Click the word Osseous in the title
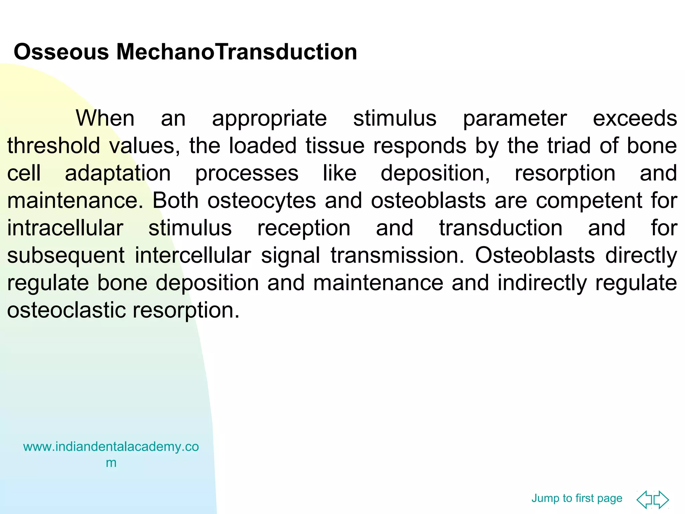coord(61,52)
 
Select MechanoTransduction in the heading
coord(236,52)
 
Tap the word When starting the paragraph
coord(105,118)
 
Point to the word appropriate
coord(269,119)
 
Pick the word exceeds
coord(634,118)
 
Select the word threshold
coord(54,146)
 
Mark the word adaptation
coord(118,174)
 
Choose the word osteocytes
coord(262,201)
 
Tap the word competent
coord(589,201)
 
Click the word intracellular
coord(65,228)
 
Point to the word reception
coord(303,229)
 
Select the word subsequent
coord(66,256)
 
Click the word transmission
coord(397,255)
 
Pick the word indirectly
coord(542,283)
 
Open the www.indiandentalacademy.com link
coord(111,447)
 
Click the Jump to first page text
coord(577,498)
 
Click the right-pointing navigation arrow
coord(662,500)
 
